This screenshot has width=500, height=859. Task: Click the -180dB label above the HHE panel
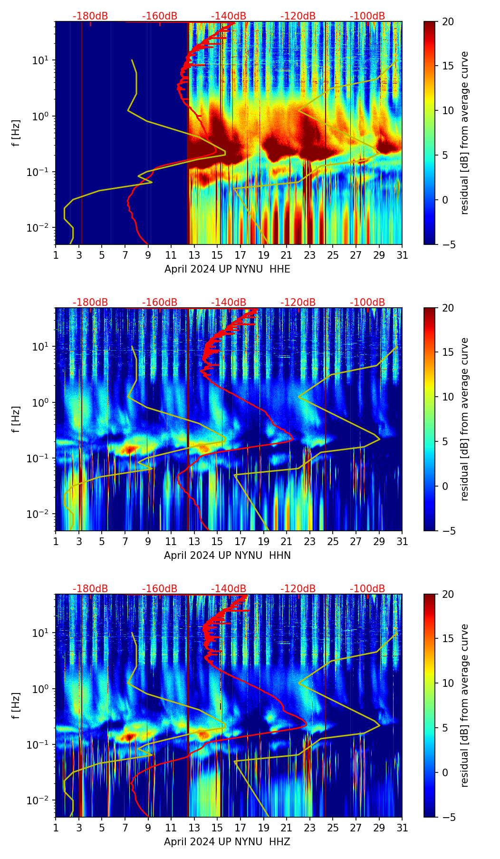pyautogui.click(x=90, y=16)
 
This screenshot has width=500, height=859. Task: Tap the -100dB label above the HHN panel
pyautogui.click(x=367, y=303)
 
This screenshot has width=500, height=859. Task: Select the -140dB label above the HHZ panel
pyautogui.click(x=229, y=589)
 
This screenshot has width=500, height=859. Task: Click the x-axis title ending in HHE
pyautogui.click(x=227, y=269)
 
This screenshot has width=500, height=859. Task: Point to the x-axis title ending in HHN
pyautogui.click(x=227, y=556)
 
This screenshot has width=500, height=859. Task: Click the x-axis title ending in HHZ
pyautogui.click(x=227, y=842)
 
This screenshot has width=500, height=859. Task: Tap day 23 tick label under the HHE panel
pyautogui.click(x=310, y=255)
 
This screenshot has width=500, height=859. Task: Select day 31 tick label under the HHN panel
pyautogui.click(x=402, y=542)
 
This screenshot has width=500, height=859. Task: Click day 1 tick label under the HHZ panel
pyautogui.click(x=56, y=828)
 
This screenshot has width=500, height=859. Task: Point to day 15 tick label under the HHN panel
pyautogui.click(x=217, y=542)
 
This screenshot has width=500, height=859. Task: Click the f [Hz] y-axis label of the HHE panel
pyautogui.click(x=17, y=133)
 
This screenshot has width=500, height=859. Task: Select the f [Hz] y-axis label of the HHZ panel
pyautogui.click(x=17, y=705)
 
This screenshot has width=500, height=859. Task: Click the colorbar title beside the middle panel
pyautogui.click(x=465, y=419)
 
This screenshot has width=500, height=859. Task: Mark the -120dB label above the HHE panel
pyautogui.click(x=298, y=16)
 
